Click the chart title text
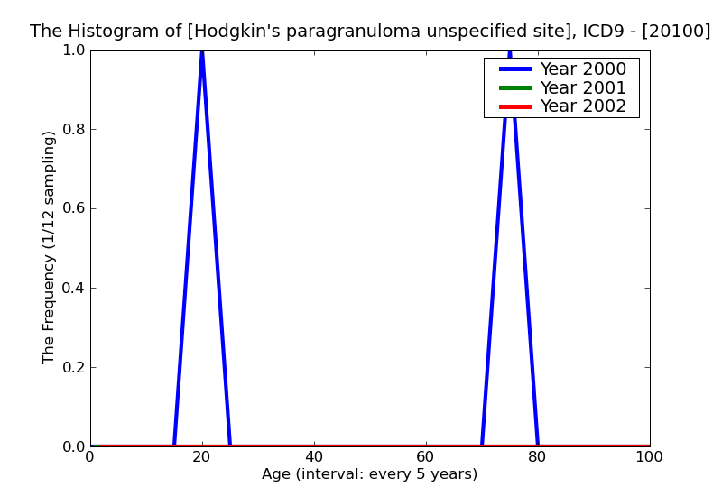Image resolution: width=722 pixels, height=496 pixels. point(370,32)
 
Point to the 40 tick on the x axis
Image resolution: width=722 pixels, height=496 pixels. point(314,457)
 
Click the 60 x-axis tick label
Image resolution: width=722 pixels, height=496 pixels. point(426,457)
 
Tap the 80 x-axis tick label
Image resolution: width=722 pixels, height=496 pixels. point(538,457)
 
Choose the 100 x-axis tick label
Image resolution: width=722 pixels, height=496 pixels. point(650,457)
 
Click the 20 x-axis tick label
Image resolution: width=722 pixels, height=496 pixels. point(202,457)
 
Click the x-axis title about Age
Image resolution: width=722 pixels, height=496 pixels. point(370,474)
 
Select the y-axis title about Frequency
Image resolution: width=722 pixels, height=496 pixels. point(50,248)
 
